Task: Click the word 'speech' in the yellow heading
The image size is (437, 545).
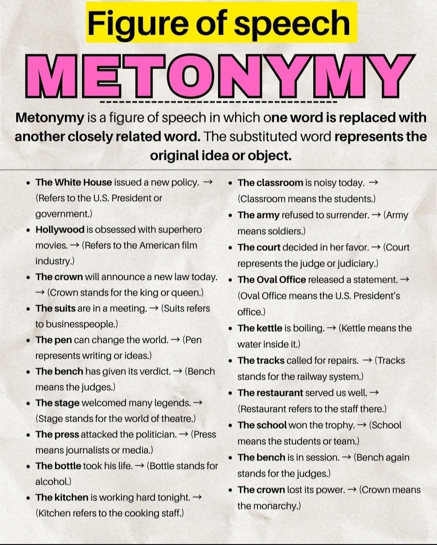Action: [292, 23]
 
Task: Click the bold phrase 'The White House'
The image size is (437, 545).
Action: [74, 182]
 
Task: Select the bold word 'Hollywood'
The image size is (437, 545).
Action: [60, 229]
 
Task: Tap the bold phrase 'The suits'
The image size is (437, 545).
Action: [55, 308]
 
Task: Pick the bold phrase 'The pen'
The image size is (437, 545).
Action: [53, 340]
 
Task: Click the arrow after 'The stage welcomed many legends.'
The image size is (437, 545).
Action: [198, 403]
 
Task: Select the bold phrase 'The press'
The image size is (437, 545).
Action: [57, 434]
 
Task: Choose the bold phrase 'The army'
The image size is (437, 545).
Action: [259, 215]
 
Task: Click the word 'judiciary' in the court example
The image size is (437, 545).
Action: [357, 263]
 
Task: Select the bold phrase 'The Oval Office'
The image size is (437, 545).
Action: [272, 280]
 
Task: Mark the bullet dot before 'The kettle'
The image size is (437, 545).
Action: [230, 329]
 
